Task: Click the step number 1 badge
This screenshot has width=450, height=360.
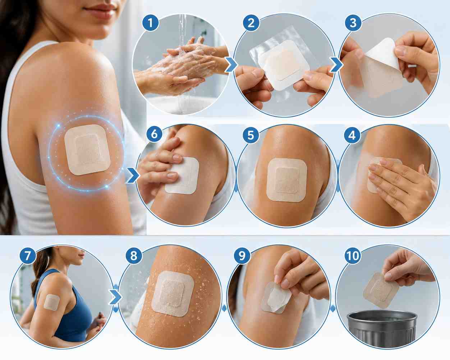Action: (x=151, y=23)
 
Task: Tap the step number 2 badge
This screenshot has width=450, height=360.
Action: (x=251, y=23)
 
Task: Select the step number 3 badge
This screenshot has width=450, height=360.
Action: (x=353, y=23)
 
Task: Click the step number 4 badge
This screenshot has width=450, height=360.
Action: (x=352, y=135)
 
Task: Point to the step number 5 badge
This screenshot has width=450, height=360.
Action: (x=251, y=135)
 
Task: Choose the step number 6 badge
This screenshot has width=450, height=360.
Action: (x=154, y=134)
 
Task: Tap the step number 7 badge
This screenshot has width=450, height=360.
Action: (x=28, y=256)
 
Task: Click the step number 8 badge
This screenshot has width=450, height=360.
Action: (x=134, y=256)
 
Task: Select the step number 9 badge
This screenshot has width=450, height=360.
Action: (x=242, y=256)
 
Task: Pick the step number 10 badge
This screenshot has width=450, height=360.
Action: (x=353, y=256)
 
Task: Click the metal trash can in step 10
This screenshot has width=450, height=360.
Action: (x=382, y=329)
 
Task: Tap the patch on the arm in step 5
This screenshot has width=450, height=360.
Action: (x=287, y=180)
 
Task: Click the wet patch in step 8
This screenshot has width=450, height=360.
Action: (x=173, y=294)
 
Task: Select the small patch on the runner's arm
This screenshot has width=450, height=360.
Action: (x=52, y=302)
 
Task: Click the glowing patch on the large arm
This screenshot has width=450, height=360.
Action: (x=87, y=150)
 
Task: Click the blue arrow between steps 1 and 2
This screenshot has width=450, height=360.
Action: (x=231, y=65)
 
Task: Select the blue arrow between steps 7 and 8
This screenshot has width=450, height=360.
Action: (x=115, y=297)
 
